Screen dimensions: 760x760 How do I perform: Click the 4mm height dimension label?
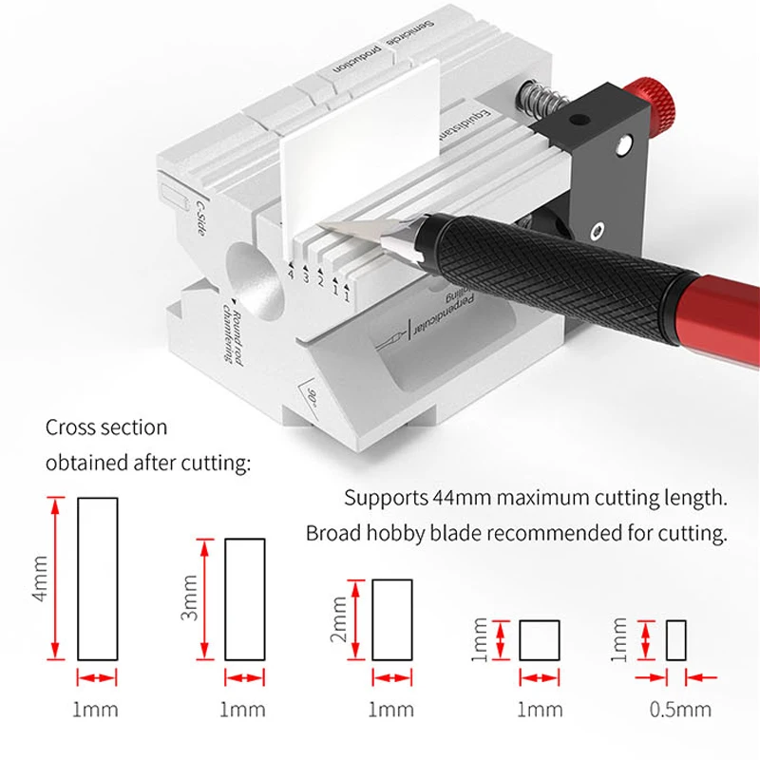(39, 579)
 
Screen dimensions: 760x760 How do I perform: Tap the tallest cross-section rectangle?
(97, 579)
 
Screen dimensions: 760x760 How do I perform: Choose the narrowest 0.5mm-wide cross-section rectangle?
(675, 639)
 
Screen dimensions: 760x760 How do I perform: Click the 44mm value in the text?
(456, 498)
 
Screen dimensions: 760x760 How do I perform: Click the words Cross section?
(106, 428)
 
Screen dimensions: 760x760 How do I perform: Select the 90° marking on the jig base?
(312, 392)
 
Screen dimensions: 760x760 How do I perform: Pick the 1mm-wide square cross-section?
(540, 639)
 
